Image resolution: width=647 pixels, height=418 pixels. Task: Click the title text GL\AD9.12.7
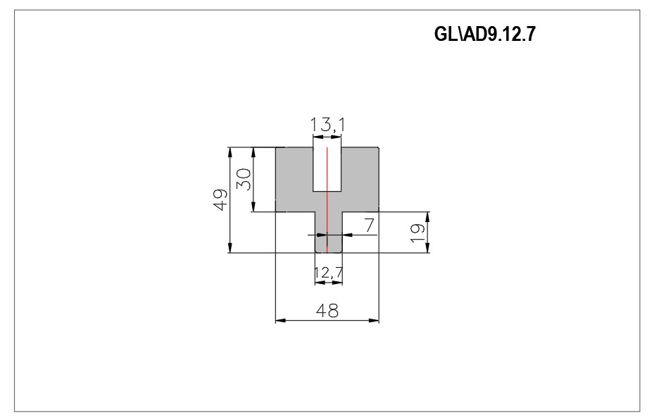tap(484, 34)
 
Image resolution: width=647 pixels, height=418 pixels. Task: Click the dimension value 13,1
tap(327, 125)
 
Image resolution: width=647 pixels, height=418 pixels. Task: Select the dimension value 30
tap(244, 179)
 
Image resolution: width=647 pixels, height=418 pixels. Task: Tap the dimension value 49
tap(220, 200)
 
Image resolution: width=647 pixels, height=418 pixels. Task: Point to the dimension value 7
tap(369, 226)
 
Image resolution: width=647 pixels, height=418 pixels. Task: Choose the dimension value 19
tap(417, 233)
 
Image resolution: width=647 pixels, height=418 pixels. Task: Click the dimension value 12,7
tap(329, 273)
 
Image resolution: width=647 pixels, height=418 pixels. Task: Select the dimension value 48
tap(327, 310)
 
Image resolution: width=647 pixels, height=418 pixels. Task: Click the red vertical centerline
tap(327, 200)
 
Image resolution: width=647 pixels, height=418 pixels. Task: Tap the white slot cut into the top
tap(327, 169)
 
